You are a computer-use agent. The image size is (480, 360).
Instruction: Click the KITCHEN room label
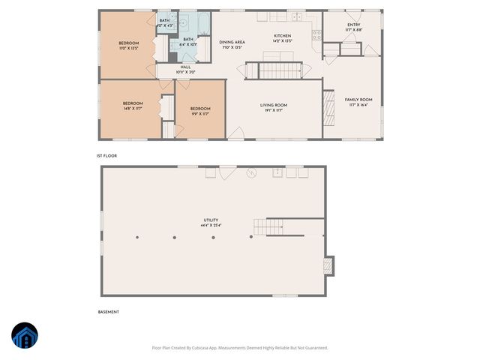pyautogui.click(x=282, y=36)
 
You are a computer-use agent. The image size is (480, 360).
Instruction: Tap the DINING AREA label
pyautogui.click(x=232, y=43)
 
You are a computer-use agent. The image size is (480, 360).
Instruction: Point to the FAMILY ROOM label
pyautogui.click(x=358, y=100)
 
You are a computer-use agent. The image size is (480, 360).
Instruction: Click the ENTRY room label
pyautogui.click(x=353, y=25)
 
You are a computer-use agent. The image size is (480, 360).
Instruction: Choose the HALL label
pyautogui.click(x=185, y=67)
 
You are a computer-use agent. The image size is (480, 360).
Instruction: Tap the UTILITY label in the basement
pyautogui.click(x=210, y=220)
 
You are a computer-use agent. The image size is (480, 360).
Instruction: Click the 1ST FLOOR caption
pyautogui.click(x=106, y=155)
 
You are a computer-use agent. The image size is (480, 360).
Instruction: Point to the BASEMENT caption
pyautogui.click(x=109, y=311)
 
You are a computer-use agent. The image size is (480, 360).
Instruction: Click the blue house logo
pyautogui.click(x=25, y=336)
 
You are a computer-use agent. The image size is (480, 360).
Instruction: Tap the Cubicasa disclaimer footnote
pyautogui.click(x=239, y=347)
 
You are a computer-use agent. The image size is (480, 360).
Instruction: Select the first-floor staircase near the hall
pyautogui.click(x=279, y=71)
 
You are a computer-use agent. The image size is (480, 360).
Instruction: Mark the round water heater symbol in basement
pyautogui.click(x=252, y=172)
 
